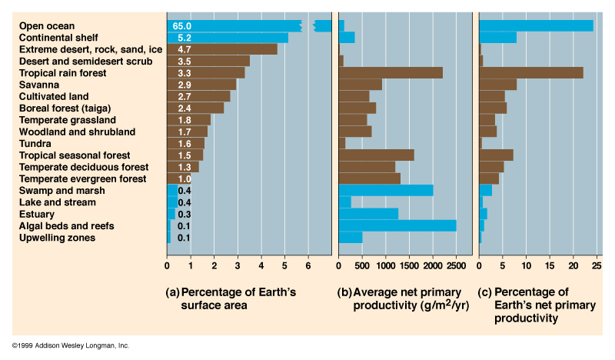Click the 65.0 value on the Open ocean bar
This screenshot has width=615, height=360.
pos(181,25)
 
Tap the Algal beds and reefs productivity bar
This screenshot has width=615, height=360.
pos(397,226)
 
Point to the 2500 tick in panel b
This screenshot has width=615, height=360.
pos(456,267)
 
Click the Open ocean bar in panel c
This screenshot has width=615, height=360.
pos(536,25)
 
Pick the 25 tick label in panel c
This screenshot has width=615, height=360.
pos(596,267)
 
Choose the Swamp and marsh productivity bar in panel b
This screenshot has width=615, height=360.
pos(385,191)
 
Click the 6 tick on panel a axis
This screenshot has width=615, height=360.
pos(308,267)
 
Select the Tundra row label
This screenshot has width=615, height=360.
pos(35,144)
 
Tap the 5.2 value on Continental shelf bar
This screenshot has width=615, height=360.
pos(184,38)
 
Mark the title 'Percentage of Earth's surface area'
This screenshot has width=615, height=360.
pos(231,299)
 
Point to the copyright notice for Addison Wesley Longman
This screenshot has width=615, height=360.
pos(71,346)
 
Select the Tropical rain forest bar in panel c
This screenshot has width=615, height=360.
pos(530,73)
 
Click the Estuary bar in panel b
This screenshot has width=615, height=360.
pos(368,214)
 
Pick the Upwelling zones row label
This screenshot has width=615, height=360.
pos(57,238)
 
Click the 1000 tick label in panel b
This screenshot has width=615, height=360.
pos(385,267)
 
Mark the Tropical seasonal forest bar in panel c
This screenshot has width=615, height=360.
pos(496,155)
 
